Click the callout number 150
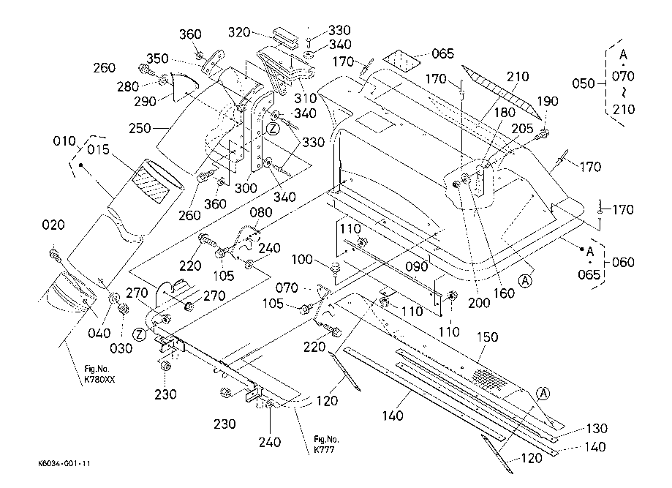(x=487, y=337)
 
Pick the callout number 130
(x=596, y=429)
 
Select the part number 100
(x=302, y=260)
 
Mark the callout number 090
(x=417, y=267)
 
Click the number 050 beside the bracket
(x=584, y=83)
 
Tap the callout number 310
(x=306, y=98)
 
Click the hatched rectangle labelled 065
(x=401, y=59)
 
